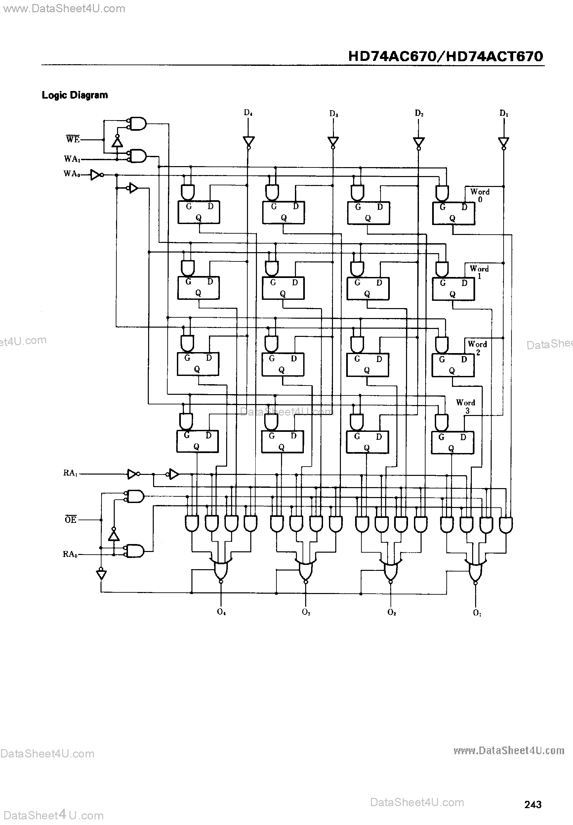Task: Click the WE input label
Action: coord(73,139)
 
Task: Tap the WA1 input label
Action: coord(72,159)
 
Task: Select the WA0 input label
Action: coord(71,174)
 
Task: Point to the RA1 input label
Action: coord(70,473)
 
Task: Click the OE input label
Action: coord(71,520)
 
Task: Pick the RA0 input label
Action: coord(70,554)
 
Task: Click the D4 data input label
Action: coord(248,113)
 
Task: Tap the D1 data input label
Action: coord(504,114)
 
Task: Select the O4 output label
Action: coord(221,612)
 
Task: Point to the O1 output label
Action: coord(477,613)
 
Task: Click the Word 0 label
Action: coord(480,196)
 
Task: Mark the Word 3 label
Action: coord(466,406)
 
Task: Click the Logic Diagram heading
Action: coord(75,95)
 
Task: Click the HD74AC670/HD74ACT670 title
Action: coord(446,56)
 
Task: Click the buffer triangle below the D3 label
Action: coord(333,142)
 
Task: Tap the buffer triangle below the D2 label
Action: coord(419,142)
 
